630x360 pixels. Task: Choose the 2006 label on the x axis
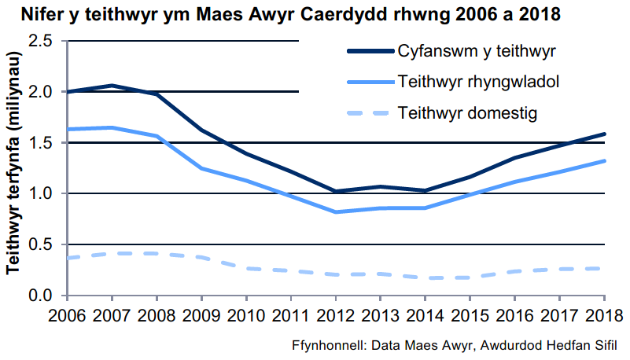point(68,314)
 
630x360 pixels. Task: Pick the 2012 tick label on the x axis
point(336,314)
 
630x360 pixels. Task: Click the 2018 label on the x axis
point(604,314)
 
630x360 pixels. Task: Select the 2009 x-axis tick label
point(202,314)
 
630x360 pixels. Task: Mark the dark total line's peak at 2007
point(112,86)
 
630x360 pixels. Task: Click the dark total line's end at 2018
point(604,134)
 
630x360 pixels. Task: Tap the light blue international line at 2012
point(336,212)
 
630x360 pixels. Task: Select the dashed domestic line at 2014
point(426,277)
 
